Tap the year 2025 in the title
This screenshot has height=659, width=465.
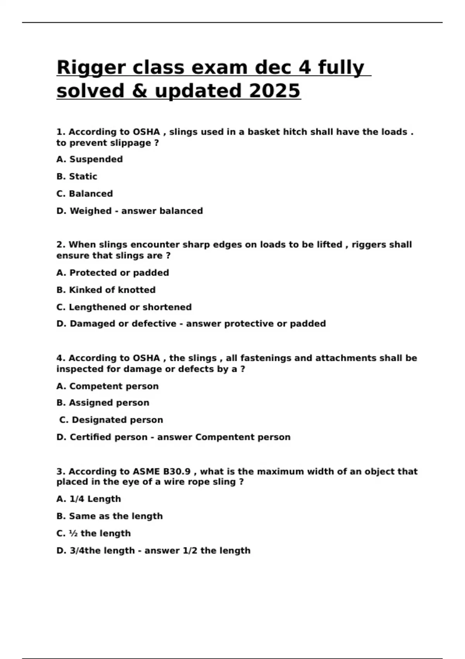(274, 91)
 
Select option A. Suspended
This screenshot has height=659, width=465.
(90, 159)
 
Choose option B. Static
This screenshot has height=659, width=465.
(77, 176)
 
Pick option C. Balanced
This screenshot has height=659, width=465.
(84, 193)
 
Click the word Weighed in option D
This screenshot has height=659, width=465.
(90, 211)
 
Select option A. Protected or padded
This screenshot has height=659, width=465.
(112, 273)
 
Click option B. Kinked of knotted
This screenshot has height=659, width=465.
(106, 290)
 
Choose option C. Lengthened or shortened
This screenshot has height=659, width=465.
(124, 307)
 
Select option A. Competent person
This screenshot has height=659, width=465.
(107, 386)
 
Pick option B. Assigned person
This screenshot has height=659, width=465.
(103, 403)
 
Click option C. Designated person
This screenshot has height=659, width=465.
(111, 420)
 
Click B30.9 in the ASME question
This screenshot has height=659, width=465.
(177, 472)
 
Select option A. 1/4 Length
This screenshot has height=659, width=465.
(88, 499)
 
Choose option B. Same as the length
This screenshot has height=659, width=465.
(109, 516)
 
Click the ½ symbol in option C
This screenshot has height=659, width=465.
(73, 533)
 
